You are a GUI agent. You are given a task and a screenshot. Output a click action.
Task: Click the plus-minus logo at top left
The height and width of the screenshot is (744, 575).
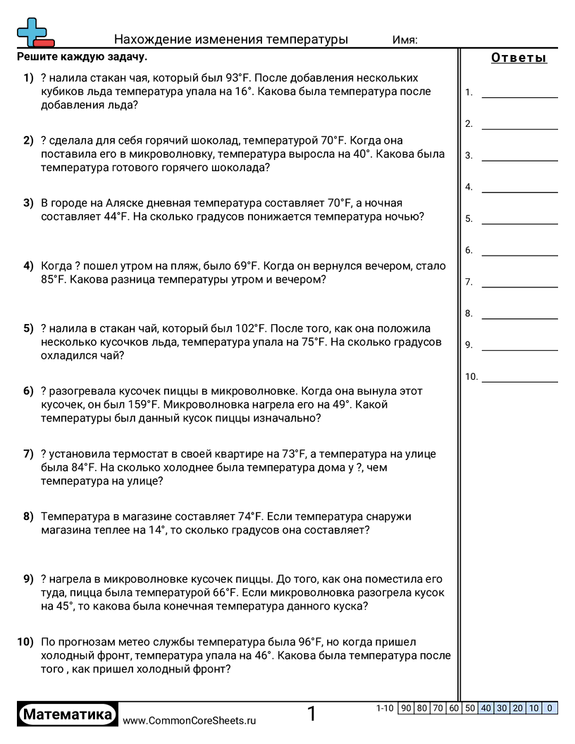click(35, 32)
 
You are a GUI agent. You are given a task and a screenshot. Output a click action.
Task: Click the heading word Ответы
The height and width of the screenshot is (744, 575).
click(519, 58)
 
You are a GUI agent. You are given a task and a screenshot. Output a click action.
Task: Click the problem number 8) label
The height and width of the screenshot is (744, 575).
click(28, 516)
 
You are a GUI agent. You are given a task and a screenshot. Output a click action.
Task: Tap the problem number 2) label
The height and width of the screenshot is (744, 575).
click(28, 140)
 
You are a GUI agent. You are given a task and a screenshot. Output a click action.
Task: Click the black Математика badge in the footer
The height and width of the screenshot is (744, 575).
click(68, 714)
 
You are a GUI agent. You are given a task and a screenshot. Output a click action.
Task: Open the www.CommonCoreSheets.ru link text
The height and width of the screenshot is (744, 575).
click(190, 721)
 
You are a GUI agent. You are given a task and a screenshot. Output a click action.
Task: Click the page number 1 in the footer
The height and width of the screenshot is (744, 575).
click(312, 714)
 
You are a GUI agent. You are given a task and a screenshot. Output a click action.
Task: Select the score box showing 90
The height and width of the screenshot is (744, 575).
click(406, 708)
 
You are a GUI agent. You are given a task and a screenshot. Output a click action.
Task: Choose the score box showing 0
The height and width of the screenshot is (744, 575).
click(550, 708)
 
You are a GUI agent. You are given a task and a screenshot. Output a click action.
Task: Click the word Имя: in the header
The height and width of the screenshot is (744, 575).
click(404, 40)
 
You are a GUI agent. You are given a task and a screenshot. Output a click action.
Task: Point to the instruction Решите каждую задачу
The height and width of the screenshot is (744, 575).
click(82, 56)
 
